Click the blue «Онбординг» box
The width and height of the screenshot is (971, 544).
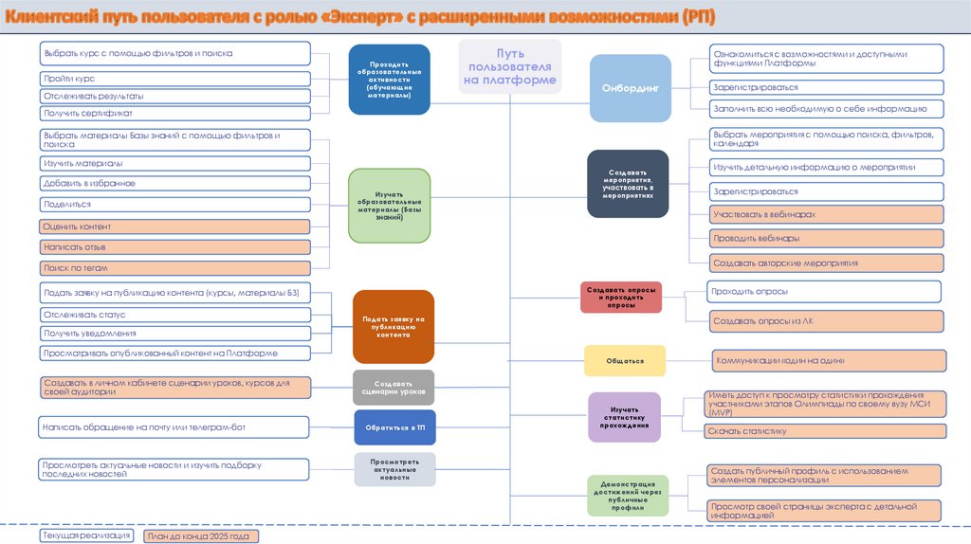pos(631,88)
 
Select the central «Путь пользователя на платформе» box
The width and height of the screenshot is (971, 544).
pos(509,66)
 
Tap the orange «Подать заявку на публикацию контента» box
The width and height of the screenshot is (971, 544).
pos(393,327)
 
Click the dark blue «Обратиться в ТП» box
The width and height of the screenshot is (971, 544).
pos(394,427)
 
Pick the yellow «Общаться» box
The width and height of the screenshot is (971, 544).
pos(624,361)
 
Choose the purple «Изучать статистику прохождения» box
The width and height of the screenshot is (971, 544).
pos(624,417)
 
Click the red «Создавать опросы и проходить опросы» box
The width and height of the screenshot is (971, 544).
pos(621,298)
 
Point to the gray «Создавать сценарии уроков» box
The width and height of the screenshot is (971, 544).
pos(394,385)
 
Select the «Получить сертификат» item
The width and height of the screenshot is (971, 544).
pos(175,113)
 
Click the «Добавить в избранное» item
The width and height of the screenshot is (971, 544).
pos(175,183)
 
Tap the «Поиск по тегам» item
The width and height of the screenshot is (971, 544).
pos(175,268)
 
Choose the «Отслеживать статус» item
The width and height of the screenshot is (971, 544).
pos(175,314)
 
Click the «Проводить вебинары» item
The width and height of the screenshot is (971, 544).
pos(826,238)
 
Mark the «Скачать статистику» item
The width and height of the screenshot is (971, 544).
pos(826,431)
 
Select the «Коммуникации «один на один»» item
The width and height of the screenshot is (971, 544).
pos(830,361)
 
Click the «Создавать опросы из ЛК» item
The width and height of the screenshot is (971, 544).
pos(826,321)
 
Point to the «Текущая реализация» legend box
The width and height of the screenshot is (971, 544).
pos(86,536)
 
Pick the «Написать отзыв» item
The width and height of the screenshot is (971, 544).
pos(175,247)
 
